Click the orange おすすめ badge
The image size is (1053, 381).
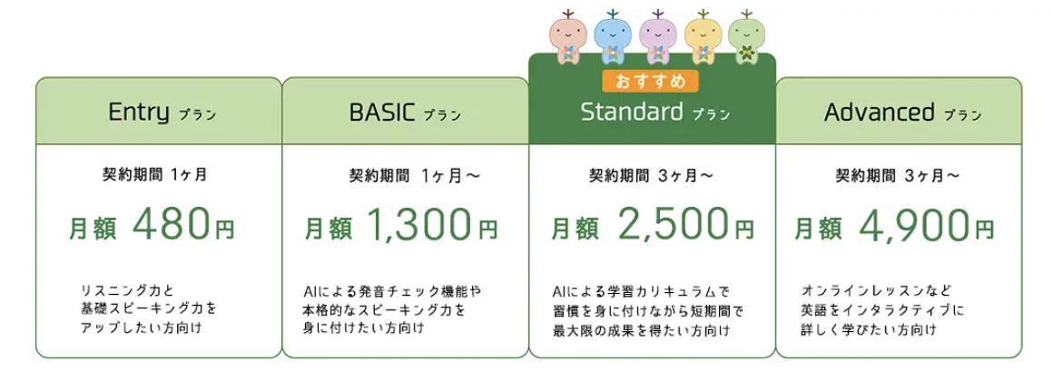(649, 81)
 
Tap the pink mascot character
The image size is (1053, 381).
(568, 37)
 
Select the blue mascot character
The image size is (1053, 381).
(613, 38)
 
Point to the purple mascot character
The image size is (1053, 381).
(657, 38)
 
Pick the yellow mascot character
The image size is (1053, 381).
(703, 38)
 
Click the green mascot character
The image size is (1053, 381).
(746, 38)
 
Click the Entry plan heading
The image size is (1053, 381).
(162, 112)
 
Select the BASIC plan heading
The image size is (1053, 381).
(405, 112)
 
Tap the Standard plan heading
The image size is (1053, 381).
(654, 112)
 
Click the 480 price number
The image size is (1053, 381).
(172, 227)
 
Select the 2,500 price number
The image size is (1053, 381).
(673, 226)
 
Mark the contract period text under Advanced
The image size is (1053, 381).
(897, 176)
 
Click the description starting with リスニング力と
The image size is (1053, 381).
(148, 309)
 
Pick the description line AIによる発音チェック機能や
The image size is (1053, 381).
(393, 292)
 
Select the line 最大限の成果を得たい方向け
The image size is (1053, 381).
(642, 330)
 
